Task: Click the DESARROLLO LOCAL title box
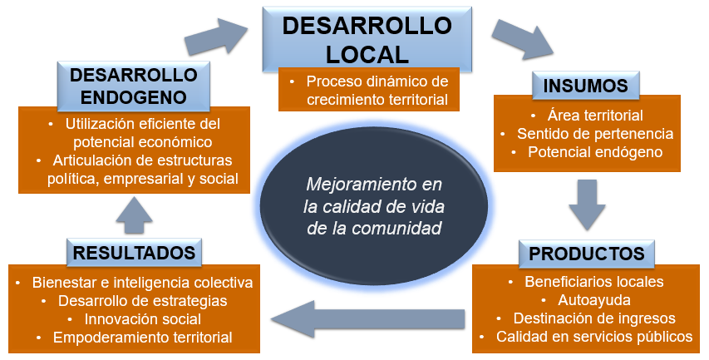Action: click(367, 39)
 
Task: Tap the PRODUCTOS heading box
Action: click(587, 253)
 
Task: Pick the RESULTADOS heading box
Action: click(134, 252)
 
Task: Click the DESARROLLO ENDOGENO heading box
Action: click(134, 87)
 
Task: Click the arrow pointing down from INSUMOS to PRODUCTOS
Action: click(587, 205)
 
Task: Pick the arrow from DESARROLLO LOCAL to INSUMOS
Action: click(519, 37)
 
